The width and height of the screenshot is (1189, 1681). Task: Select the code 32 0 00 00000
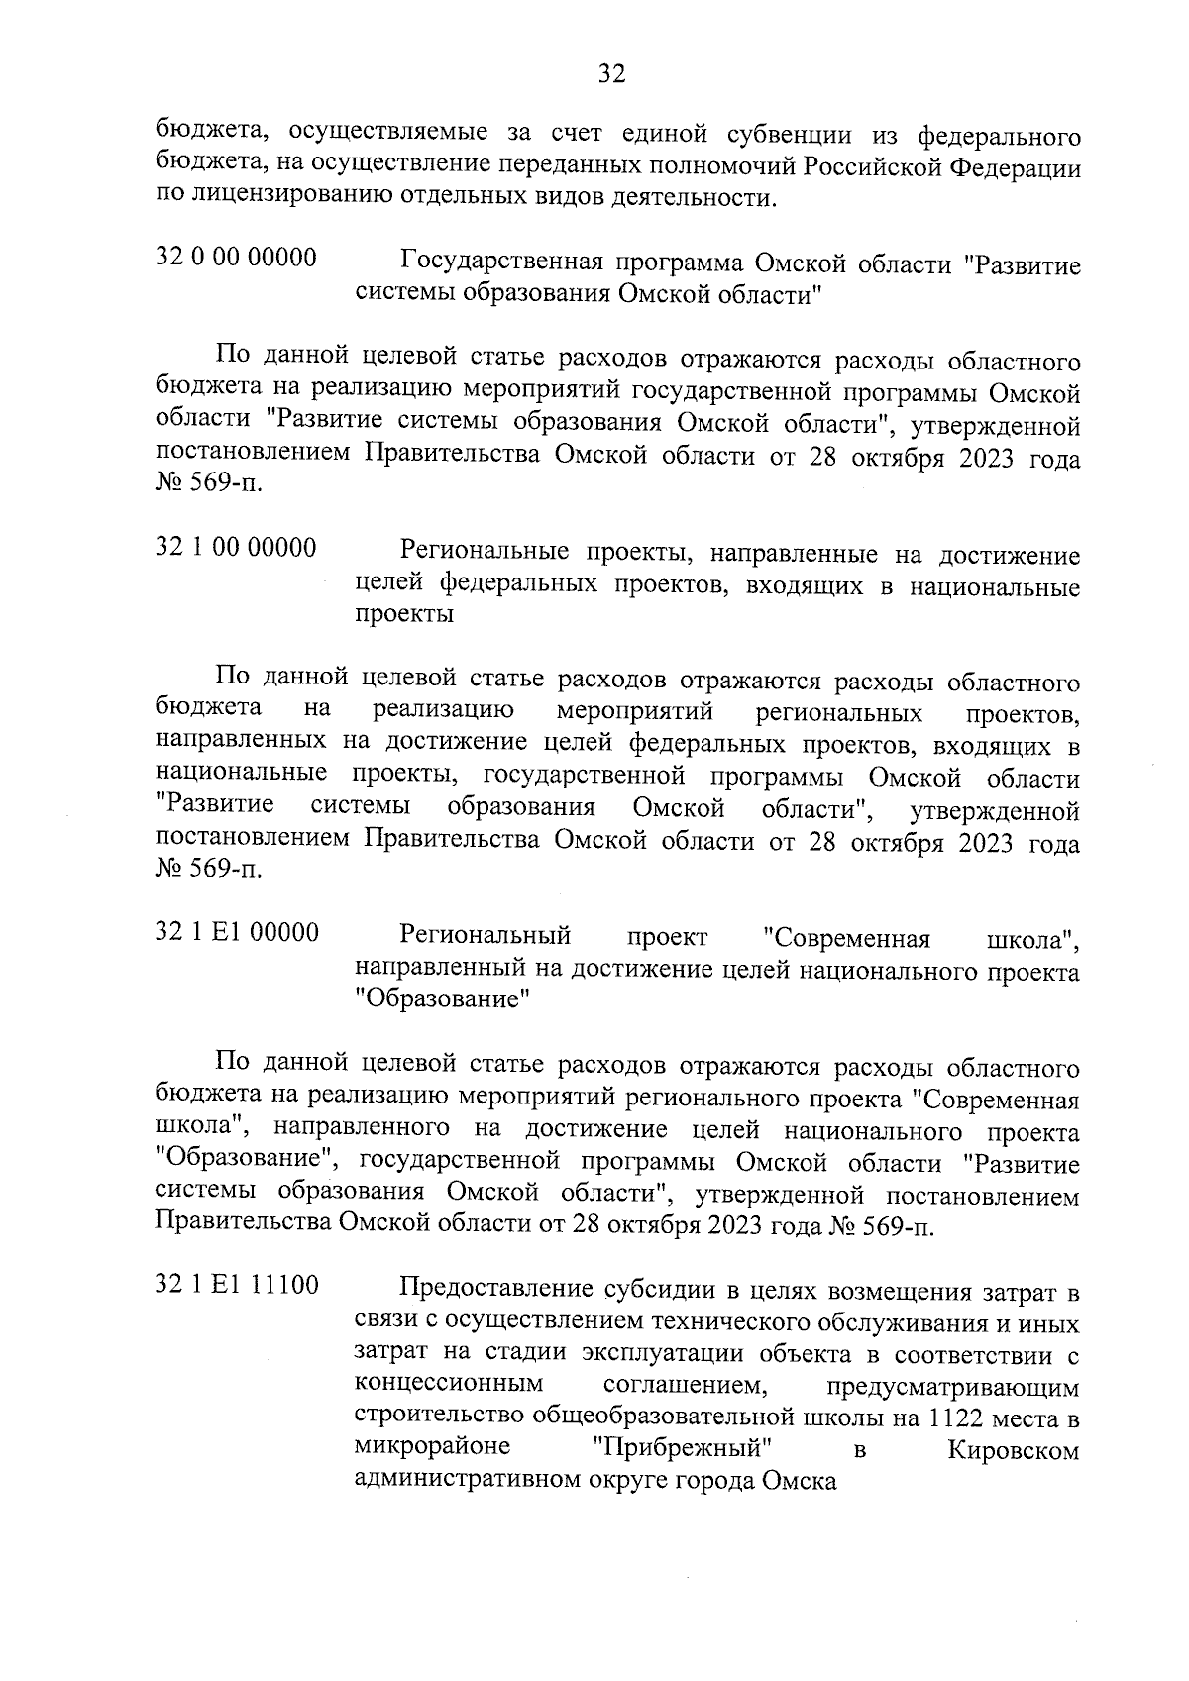237,259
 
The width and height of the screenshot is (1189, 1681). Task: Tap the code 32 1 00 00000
237,547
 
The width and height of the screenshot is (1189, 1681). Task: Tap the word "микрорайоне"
432,1447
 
